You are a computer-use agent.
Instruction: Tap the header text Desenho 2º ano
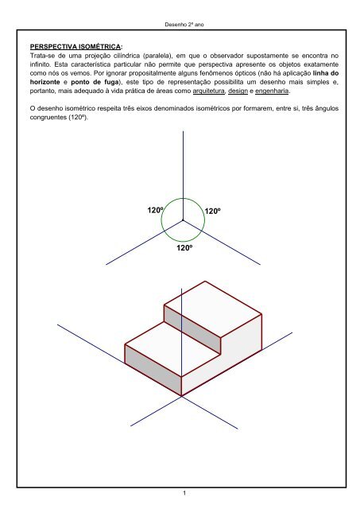point(184,25)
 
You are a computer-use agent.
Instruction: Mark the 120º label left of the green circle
point(156,210)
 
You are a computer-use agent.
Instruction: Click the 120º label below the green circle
point(184,248)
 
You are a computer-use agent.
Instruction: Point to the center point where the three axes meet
point(183,220)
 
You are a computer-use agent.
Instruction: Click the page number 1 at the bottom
point(184,495)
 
